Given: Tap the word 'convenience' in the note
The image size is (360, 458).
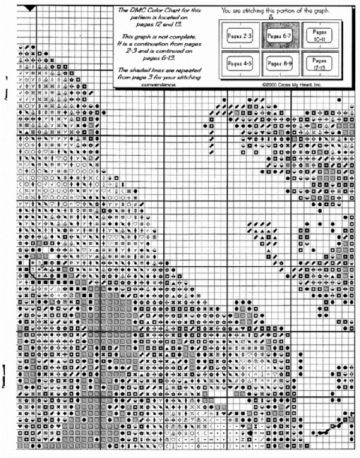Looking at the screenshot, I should tap(152, 85).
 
